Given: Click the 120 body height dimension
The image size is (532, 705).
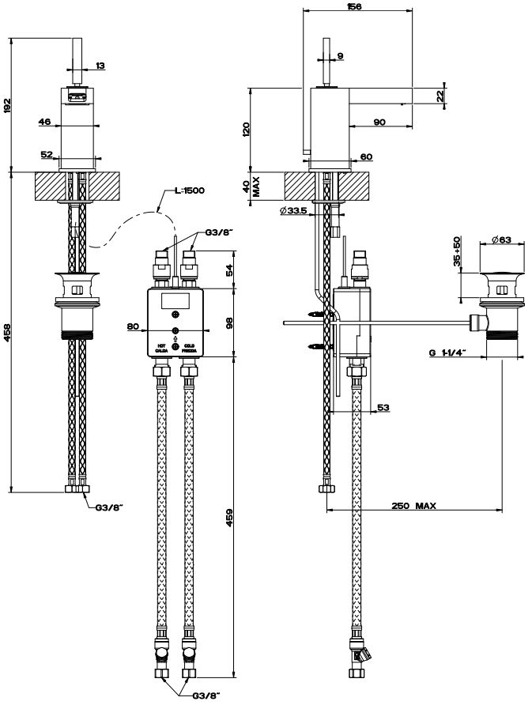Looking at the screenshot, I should click(246, 129).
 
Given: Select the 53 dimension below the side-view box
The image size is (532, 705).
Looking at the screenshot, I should click(383, 407).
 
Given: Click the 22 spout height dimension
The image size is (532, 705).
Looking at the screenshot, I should click(439, 95).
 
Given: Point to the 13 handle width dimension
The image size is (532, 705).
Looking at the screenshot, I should click(99, 66).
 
